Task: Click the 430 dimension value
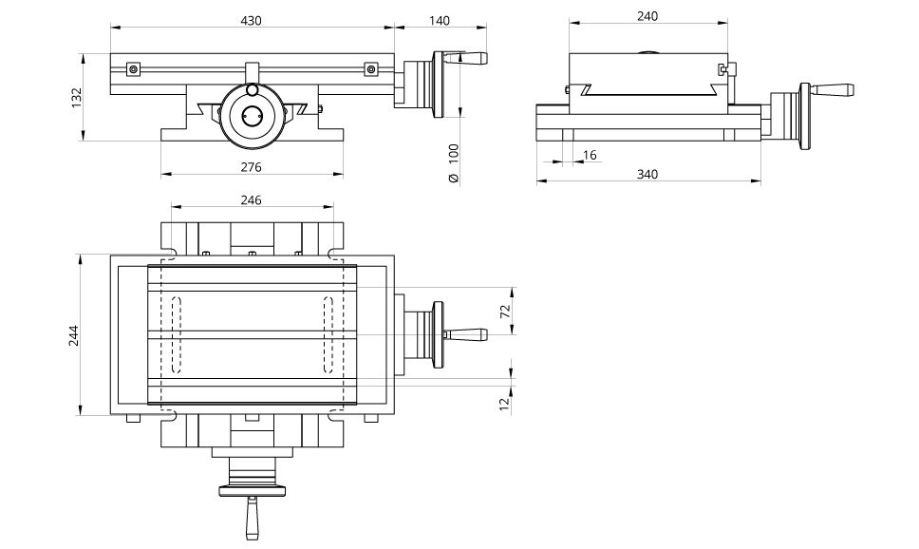pos(251,20)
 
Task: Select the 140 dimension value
pos(440,20)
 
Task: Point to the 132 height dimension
pos(77,98)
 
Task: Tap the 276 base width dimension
pos(251,166)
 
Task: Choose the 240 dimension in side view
pos(647,16)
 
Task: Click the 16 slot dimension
pos(590,154)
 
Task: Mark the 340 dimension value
pos(647,174)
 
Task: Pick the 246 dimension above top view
pos(251,199)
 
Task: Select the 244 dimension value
pos(75,335)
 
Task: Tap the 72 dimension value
pos(505,311)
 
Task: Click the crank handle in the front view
pos(471,59)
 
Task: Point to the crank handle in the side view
pos(834,91)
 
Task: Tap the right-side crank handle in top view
pos(467,333)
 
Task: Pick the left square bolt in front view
pos(134,68)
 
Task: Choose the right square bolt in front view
pos(369,68)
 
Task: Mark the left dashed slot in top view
pos(176,335)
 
